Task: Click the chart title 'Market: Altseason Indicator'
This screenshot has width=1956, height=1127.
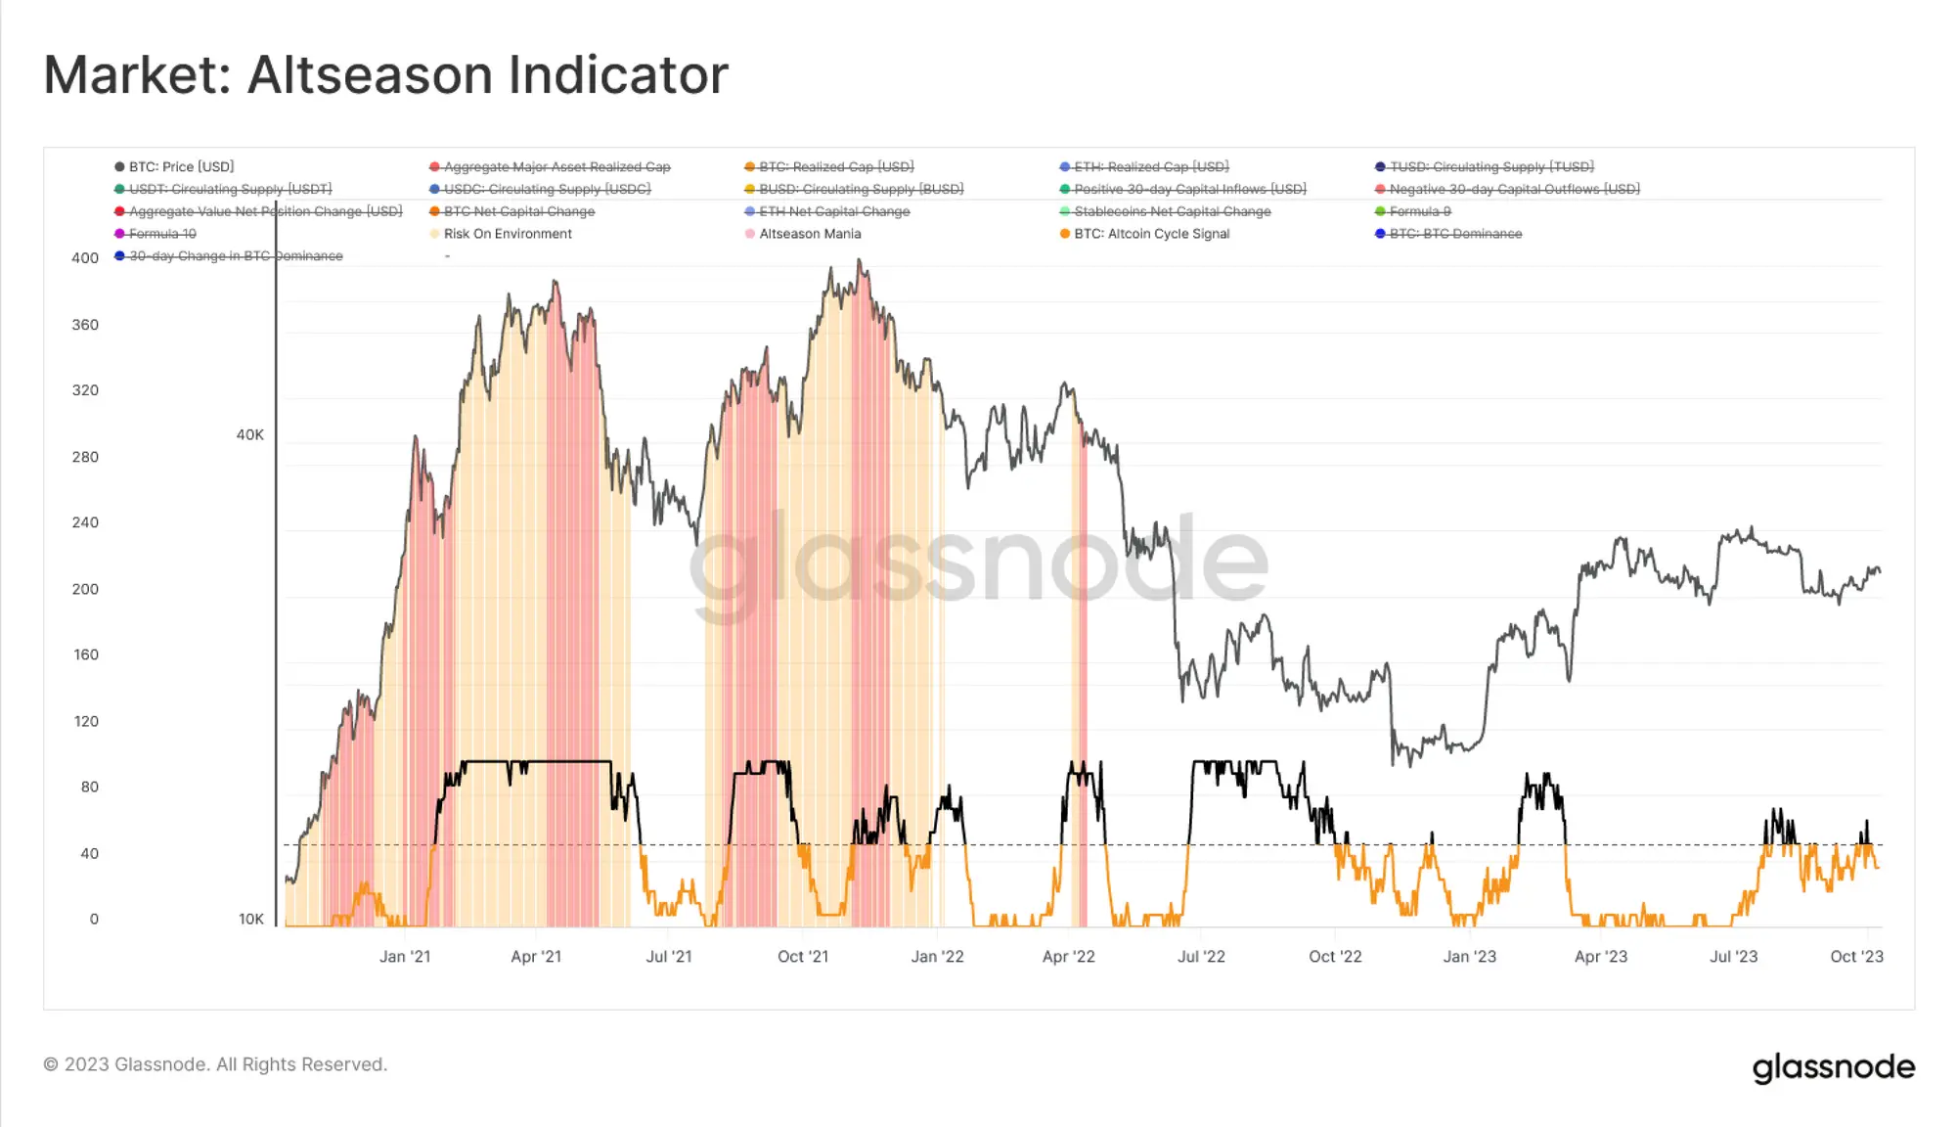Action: tap(386, 75)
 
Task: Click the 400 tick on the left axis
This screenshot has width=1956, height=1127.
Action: tap(85, 258)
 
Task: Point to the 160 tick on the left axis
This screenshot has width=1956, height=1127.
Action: tap(86, 654)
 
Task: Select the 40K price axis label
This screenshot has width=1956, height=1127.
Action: tap(250, 435)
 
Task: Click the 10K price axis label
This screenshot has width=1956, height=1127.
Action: tap(251, 920)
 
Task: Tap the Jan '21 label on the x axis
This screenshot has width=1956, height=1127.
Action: tap(405, 957)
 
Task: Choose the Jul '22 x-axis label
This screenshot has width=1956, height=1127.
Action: tap(1201, 957)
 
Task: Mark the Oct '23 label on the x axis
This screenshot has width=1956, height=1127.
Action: tap(1856, 957)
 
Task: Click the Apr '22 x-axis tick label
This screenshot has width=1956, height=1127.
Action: tap(1069, 957)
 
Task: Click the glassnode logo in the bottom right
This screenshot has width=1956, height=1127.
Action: tap(1833, 1067)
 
